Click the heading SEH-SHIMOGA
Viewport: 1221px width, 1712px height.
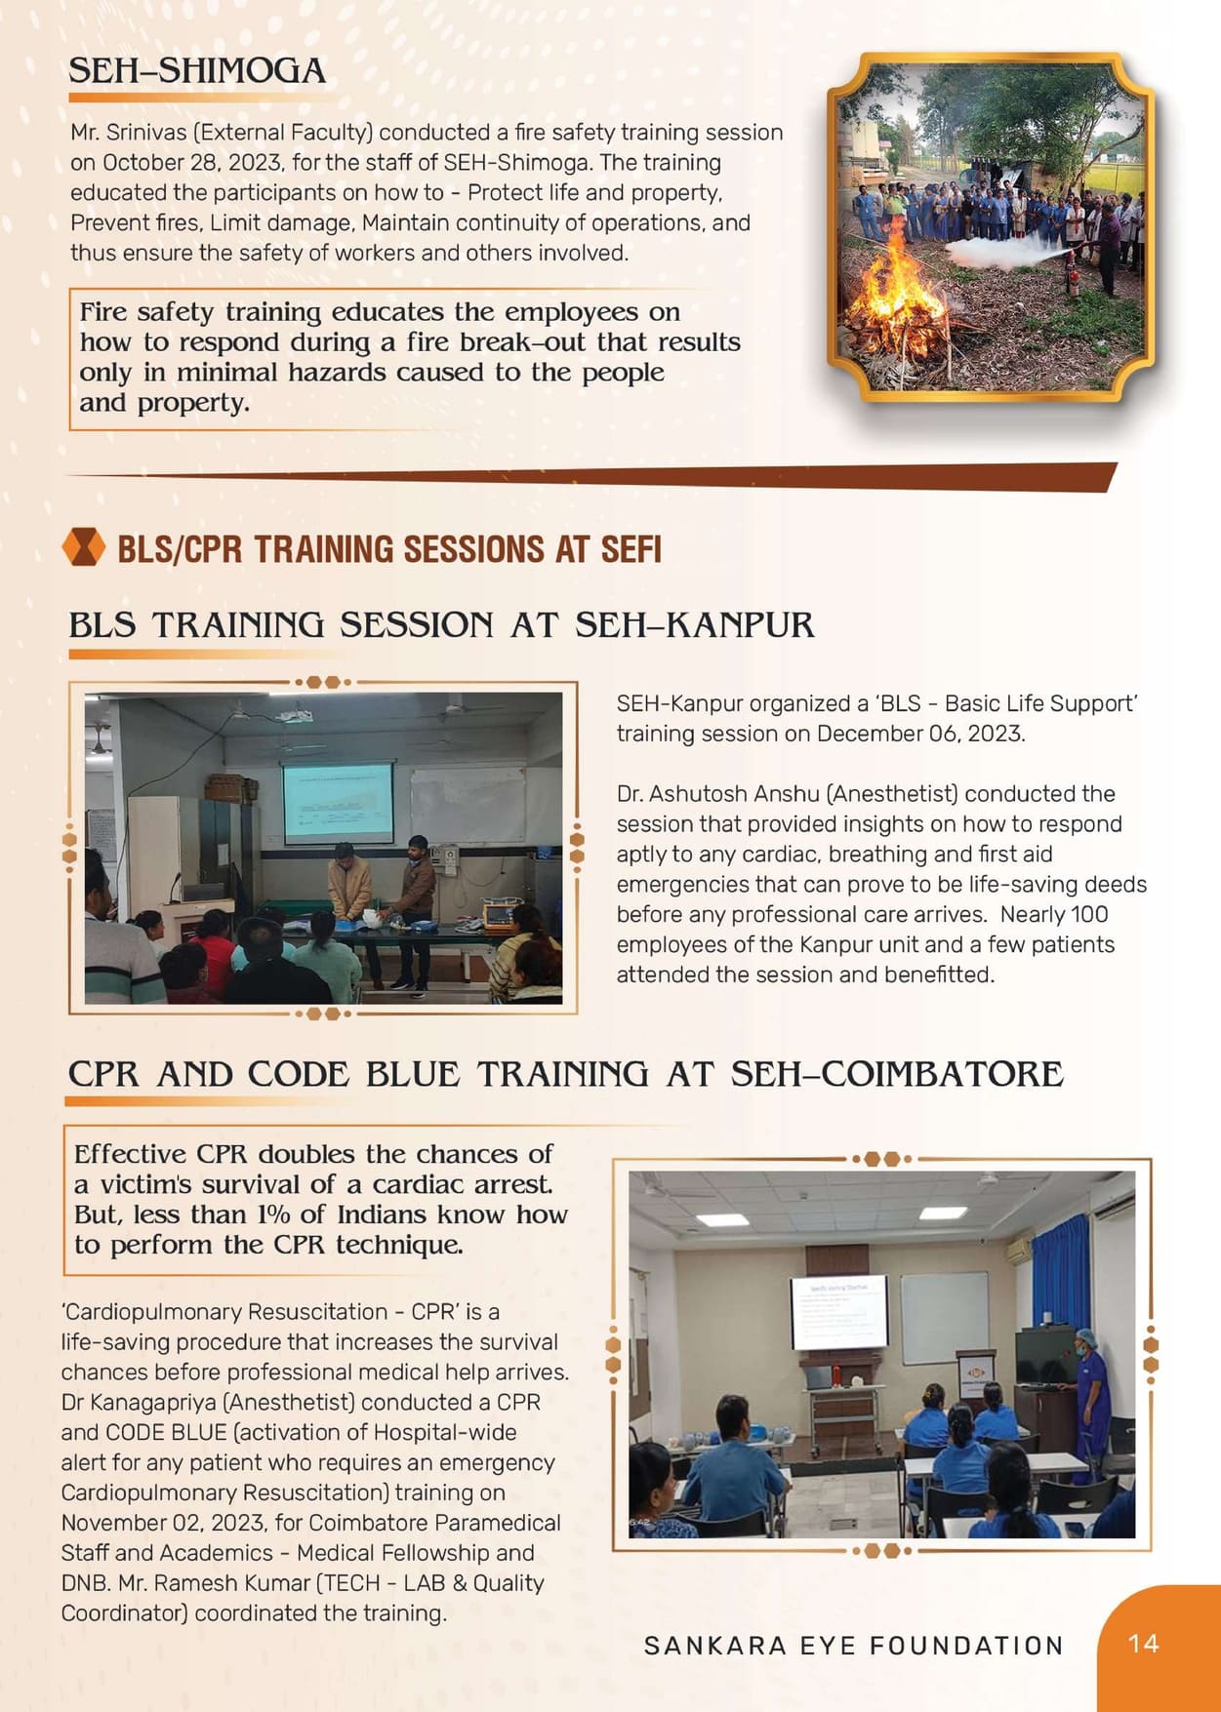[197, 71]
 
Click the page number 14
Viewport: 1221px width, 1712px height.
[1143, 1644]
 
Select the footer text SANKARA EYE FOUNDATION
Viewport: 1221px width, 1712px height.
[854, 1646]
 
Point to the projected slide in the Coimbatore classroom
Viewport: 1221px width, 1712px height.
[839, 1312]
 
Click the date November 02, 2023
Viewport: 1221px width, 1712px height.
[163, 1523]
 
